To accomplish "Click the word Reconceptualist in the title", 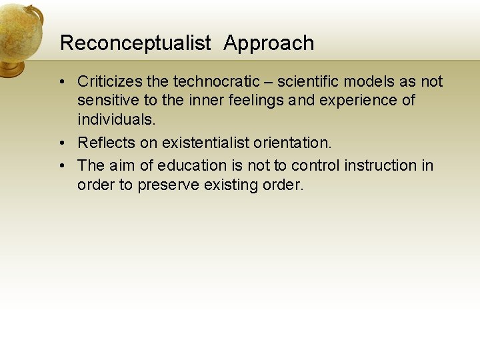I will click(135, 43).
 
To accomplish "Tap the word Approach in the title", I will click(269, 43).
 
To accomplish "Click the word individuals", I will click(116, 120).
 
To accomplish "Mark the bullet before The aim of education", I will click(61, 165).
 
